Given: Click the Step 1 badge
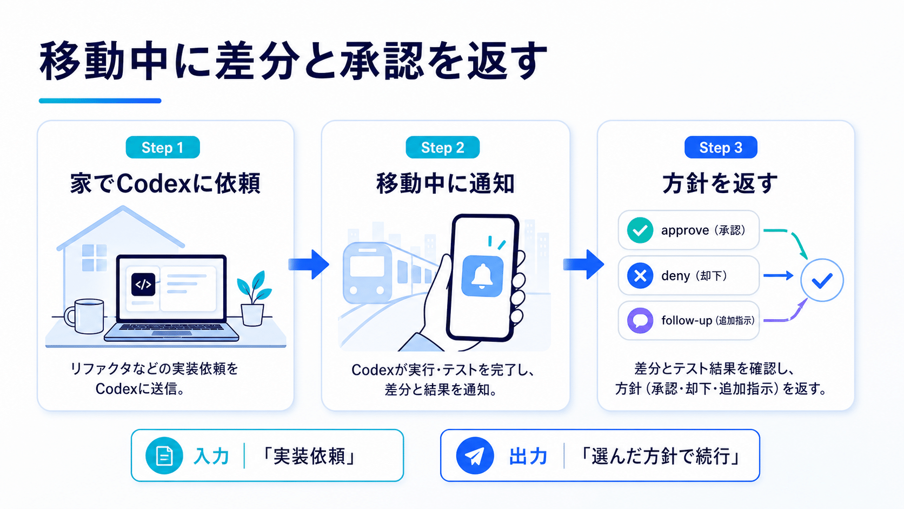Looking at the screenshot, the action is point(163,147).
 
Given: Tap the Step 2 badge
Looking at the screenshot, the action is point(443,147).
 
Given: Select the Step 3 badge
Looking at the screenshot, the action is point(721,147).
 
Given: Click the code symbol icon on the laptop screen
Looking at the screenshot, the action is point(143,284).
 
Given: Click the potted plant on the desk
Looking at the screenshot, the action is point(254,298).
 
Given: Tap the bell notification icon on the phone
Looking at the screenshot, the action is point(482,276).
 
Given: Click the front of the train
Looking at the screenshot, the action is point(367,273).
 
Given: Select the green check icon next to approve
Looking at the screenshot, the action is point(640,230).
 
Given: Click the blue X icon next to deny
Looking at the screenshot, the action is point(640,276).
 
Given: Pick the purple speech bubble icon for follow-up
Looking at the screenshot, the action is point(640,321).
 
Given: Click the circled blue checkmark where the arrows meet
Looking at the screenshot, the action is point(822,280).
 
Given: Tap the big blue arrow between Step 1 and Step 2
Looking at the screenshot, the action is point(309,265).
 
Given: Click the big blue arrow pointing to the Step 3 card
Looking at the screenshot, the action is point(583,265).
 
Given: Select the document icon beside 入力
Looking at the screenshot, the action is point(164,455).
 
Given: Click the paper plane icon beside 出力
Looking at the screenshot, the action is point(475,455).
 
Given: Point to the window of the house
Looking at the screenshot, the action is point(95,257).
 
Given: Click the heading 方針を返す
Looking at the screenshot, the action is point(720,184).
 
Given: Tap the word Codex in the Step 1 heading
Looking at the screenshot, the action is point(154,184).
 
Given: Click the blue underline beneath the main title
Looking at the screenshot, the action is point(100,101).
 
